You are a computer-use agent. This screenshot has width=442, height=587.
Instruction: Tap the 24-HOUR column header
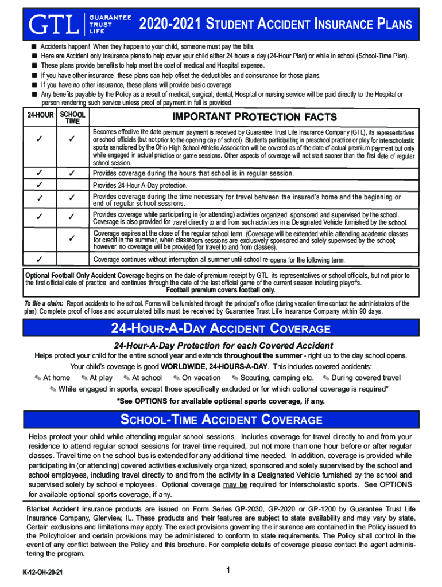[x=40, y=115]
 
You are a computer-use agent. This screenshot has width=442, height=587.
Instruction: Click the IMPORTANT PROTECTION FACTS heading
[x=254, y=117]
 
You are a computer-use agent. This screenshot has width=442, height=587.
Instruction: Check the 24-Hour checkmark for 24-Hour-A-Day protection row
[x=40, y=185]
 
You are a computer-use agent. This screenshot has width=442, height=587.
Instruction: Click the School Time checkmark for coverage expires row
[x=72, y=237]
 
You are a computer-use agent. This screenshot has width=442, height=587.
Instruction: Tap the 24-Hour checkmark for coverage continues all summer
[x=40, y=259]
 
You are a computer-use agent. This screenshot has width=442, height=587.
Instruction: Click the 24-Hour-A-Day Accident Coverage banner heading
[x=221, y=329]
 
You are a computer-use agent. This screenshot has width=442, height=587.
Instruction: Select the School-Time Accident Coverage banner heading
[x=221, y=420]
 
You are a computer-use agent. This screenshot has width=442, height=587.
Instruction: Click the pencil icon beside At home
[x=38, y=378]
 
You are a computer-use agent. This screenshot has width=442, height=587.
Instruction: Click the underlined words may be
[x=235, y=484]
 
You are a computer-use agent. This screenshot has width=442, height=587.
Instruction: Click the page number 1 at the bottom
[x=228, y=570]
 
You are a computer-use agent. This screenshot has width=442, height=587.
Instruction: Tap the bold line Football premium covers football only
[x=220, y=290]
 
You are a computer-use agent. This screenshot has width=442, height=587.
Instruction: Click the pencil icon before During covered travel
[x=326, y=378]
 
